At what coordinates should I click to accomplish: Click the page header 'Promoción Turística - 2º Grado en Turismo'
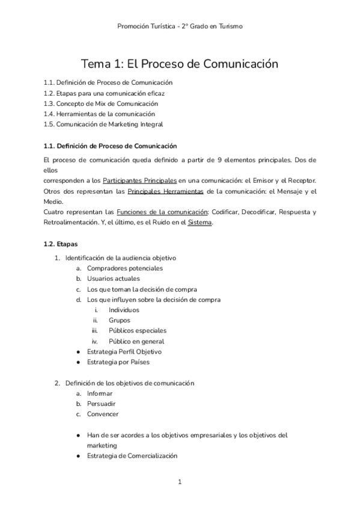(x=180, y=26)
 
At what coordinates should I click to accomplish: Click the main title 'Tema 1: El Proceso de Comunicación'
(x=180, y=63)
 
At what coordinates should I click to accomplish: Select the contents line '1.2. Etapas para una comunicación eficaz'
(x=104, y=93)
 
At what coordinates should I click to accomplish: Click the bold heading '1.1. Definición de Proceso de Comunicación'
(x=110, y=146)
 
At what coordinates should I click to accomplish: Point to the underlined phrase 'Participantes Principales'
(x=139, y=180)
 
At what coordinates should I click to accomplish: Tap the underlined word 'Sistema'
(x=200, y=223)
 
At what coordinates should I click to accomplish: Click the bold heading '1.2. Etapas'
(x=60, y=244)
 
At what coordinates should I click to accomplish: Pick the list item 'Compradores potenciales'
(x=124, y=268)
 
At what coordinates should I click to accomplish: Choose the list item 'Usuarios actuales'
(x=114, y=278)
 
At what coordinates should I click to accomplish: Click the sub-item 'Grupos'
(x=120, y=320)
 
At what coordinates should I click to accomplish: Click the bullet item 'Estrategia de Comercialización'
(x=132, y=456)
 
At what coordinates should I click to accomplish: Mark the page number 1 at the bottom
(x=180, y=482)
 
